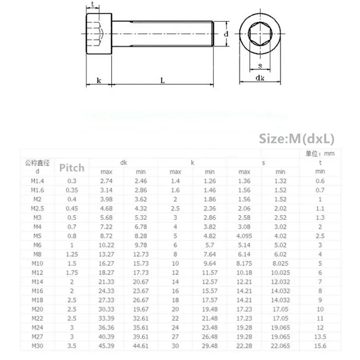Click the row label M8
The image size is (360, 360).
[x=36, y=254]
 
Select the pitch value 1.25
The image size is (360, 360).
[x=72, y=254]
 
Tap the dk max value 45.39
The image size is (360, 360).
[x=107, y=346]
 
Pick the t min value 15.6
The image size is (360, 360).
[x=320, y=346]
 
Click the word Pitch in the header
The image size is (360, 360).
[x=72, y=168]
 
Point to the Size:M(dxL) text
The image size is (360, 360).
[x=297, y=139]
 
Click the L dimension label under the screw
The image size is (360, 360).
[x=162, y=81]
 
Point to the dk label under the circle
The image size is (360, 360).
[x=260, y=78]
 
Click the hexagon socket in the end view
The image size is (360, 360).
[x=260, y=33]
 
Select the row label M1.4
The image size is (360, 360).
[x=36, y=180]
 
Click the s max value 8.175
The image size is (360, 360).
[x=244, y=263]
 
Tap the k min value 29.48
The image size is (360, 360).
[x=210, y=346]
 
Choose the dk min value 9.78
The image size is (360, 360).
[x=141, y=245]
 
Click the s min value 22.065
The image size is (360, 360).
[x=280, y=346]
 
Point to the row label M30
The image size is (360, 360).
[x=36, y=346]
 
